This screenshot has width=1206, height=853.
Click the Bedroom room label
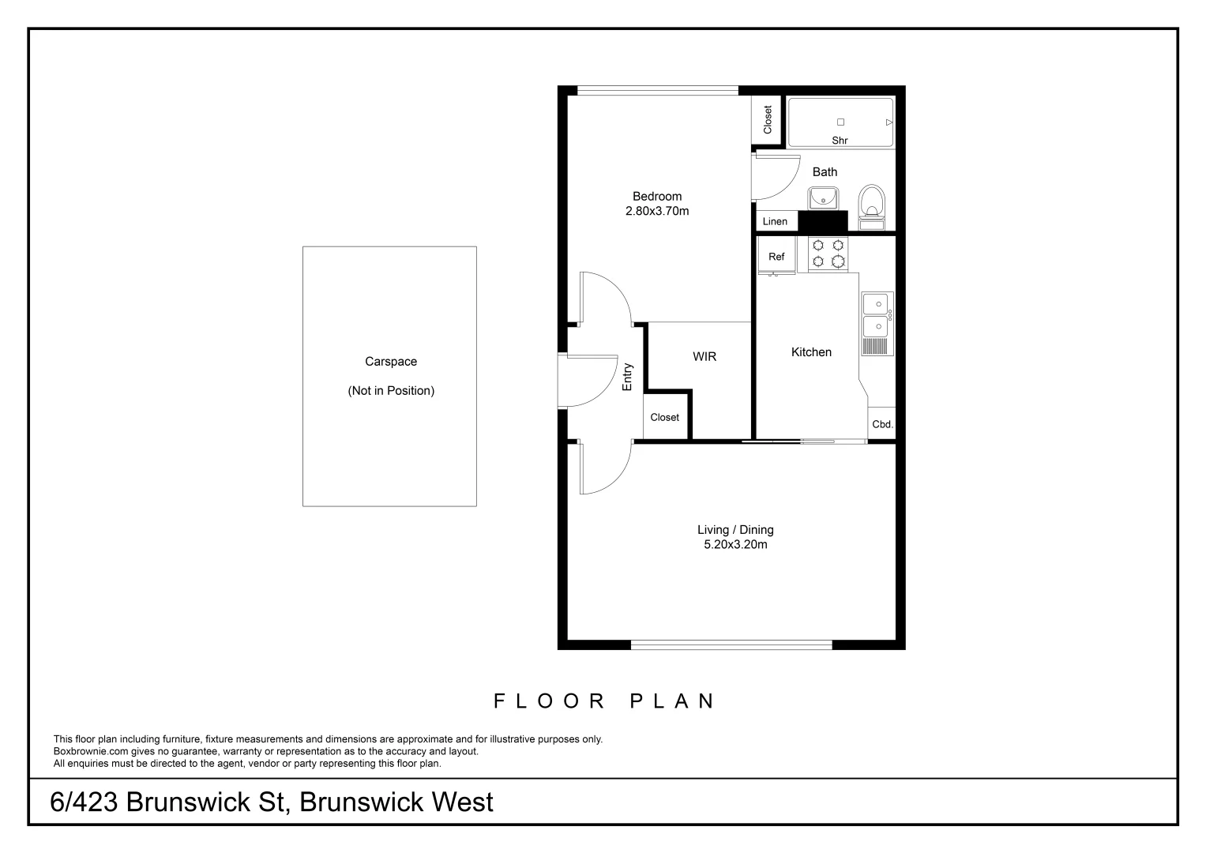(x=656, y=197)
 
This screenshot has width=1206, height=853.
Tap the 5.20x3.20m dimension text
(x=735, y=545)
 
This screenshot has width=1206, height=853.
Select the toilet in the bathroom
(x=872, y=202)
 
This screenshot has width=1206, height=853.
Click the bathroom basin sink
(x=822, y=197)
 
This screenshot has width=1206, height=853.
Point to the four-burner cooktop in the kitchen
(x=828, y=254)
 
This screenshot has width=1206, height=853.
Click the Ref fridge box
(x=776, y=257)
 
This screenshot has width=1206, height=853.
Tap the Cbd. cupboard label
(x=882, y=424)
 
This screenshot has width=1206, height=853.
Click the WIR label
(x=704, y=357)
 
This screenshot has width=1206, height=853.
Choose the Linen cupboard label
(x=775, y=222)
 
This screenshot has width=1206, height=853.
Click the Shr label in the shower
(x=840, y=141)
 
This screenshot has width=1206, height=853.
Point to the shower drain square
(x=840, y=122)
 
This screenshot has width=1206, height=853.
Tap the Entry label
(x=628, y=377)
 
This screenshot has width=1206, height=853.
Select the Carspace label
(x=390, y=362)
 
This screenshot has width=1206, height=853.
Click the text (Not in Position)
(x=391, y=391)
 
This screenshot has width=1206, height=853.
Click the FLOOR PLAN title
(x=604, y=701)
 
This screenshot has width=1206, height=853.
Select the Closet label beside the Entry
(x=664, y=418)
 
